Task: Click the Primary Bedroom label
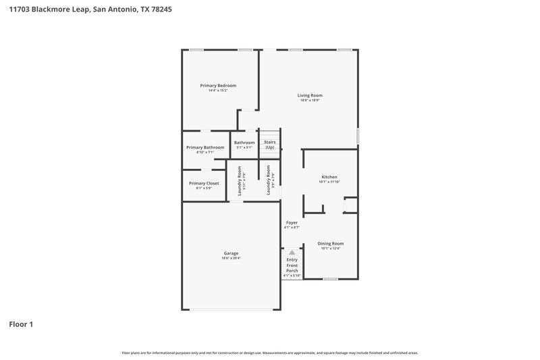pos(218,86)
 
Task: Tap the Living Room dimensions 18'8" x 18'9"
pos(310,100)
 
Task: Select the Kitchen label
pos(329,177)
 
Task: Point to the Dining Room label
pos(331,243)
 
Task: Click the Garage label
pos(231,253)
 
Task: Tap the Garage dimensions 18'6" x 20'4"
pos(231,258)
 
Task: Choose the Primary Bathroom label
pos(205,147)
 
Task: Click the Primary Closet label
pos(204,183)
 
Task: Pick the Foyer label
pos(292,222)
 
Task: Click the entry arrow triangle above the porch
pos(292,253)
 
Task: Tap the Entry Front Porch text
pos(292,265)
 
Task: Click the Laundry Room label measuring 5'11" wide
pos(240,180)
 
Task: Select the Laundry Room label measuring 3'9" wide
pos(268,180)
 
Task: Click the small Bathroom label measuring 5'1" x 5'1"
pos(244,143)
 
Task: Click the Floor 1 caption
pos(21,324)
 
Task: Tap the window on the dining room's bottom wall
pos(330,279)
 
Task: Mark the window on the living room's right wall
pos(358,136)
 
